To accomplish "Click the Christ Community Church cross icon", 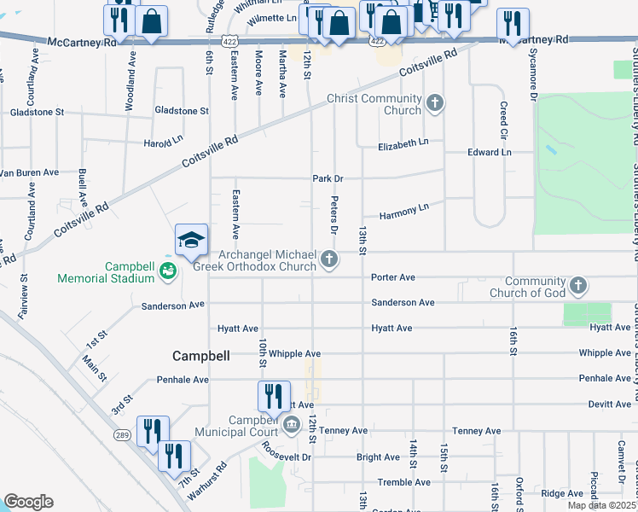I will (x=435, y=103).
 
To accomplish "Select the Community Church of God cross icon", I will (x=578, y=285).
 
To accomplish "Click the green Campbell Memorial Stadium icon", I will (x=168, y=272).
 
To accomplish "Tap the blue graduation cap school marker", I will (x=192, y=241).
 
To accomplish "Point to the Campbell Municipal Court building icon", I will (x=291, y=425).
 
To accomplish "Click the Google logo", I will (x=28, y=502).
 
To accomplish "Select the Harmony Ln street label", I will (x=404, y=209).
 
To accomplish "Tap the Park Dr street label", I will (x=327, y=178).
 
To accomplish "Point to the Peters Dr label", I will (x=334, y=220).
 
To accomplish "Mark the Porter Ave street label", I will (x=392, y=277).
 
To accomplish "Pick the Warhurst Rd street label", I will (x=208, y=480).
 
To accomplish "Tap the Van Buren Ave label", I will (x=29, y=172).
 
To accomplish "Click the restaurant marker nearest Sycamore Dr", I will (x=513, y=23).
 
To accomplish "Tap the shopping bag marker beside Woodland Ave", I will (x=151, y=23).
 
